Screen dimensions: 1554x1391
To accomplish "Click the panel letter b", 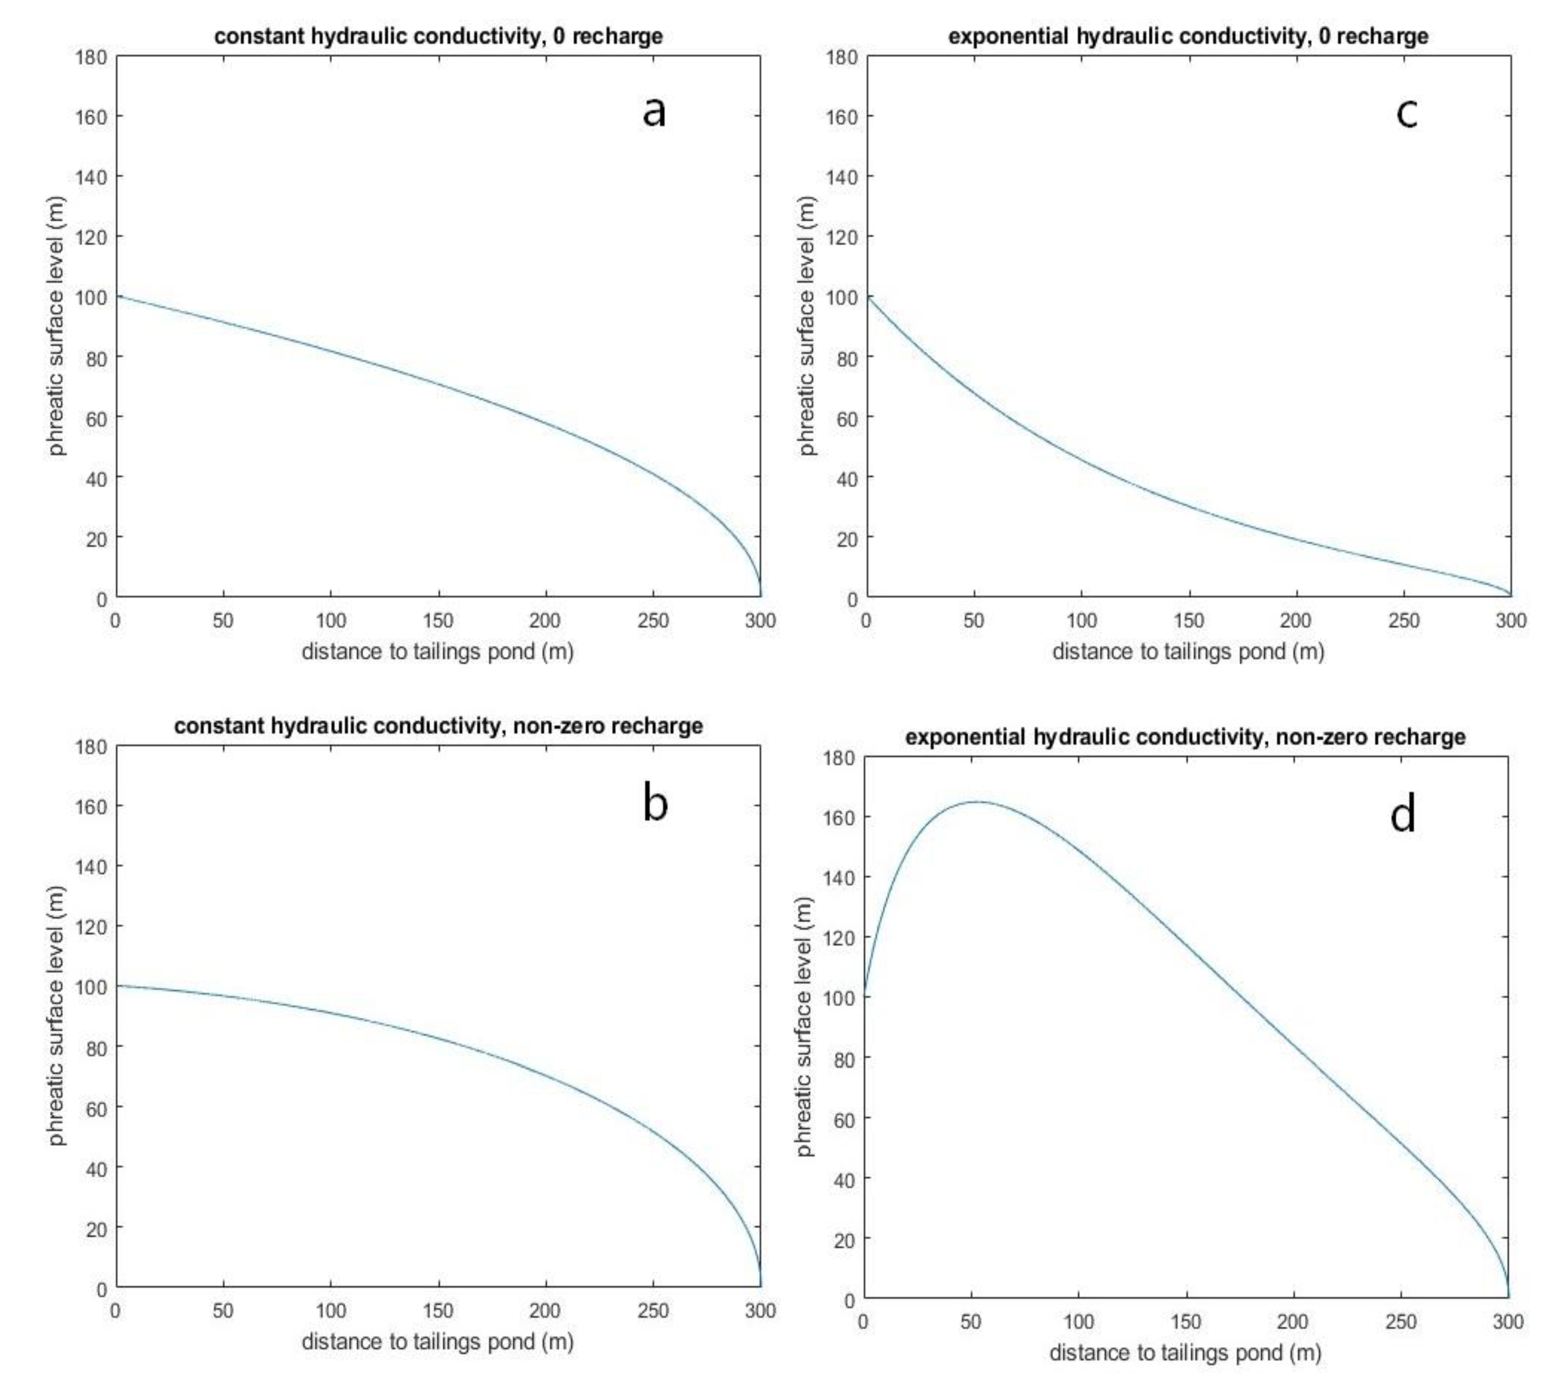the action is tap(655, 803).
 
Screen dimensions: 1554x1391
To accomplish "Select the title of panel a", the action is tap(438, 36).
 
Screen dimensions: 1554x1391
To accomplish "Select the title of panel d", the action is tap(1186, 737).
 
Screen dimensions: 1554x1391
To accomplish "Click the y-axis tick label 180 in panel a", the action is tap(91, 56).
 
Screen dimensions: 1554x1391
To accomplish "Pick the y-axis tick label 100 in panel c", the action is tap(842, 296).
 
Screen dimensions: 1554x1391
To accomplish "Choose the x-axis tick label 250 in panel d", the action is tap(1400, 1321).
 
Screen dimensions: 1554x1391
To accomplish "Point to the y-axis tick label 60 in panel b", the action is tap(96, 1107).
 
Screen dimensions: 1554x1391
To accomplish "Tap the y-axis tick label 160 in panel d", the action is tap(840, 817).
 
